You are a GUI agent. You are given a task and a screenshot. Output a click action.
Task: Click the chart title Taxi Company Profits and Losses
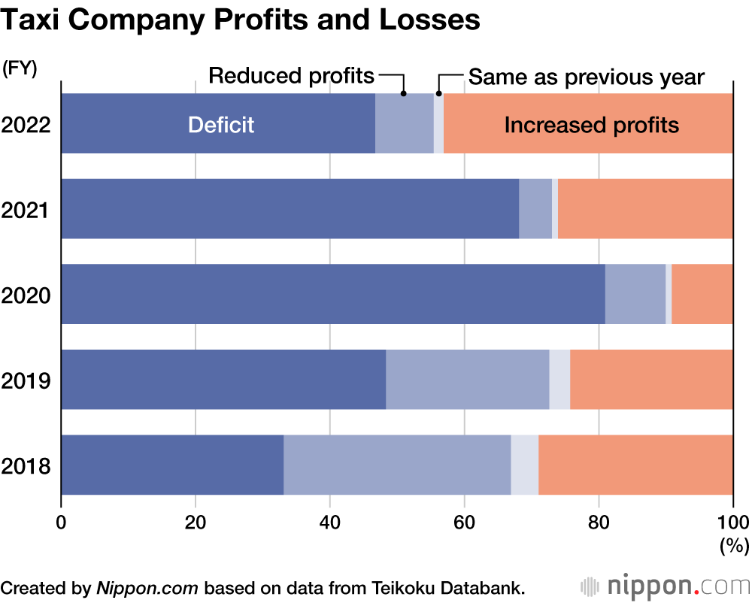point(241,20)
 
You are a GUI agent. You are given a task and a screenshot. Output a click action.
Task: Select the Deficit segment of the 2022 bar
point(218,123)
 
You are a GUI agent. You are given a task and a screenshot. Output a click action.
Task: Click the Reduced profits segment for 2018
point(397,465)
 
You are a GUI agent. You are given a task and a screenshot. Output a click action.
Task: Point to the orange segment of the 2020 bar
point(702,294)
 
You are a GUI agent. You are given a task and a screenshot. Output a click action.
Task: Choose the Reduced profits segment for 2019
point(467,379)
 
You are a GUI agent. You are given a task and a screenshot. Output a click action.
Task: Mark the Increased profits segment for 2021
point(644,208)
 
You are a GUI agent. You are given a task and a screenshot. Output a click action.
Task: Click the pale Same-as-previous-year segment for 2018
point(524,465)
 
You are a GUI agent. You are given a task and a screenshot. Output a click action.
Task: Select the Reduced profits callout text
point(291,76)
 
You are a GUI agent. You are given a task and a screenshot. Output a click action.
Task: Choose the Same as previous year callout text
point(586,77)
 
